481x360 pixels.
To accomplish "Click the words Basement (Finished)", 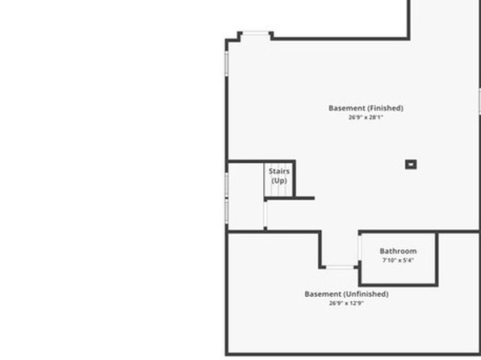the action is [x=366, y=108].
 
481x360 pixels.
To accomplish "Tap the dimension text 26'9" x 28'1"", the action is [x=366, y=117].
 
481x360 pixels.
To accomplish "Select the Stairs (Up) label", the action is [x=279, y=176].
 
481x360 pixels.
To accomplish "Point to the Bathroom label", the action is [x=398, y=251].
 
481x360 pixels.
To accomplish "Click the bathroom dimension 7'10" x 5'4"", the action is [x=398, y=260].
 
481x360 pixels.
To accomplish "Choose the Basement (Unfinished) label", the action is [x=347, y=294].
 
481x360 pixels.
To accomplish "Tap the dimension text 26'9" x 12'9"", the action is [x=347, y=303].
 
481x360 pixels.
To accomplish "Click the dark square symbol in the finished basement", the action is [x=411, y=165].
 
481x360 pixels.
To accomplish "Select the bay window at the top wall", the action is [x=256, y=33].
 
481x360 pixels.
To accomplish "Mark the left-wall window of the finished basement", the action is [x=227, y=63].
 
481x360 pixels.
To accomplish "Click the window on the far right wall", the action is [x=479, y=101].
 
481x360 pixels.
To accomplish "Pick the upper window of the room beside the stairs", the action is [x=227, y=184].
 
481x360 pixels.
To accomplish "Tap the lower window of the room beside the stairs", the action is [x=227, y=211].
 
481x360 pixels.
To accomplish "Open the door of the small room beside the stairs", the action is [x=266, y=214].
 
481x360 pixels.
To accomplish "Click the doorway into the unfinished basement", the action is [x=340, y=267].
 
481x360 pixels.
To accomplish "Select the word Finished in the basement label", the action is [x=385, y=108].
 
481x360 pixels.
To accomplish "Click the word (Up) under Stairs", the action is [x=279, y=181].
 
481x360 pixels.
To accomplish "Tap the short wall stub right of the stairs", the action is [x=305, y=199].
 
